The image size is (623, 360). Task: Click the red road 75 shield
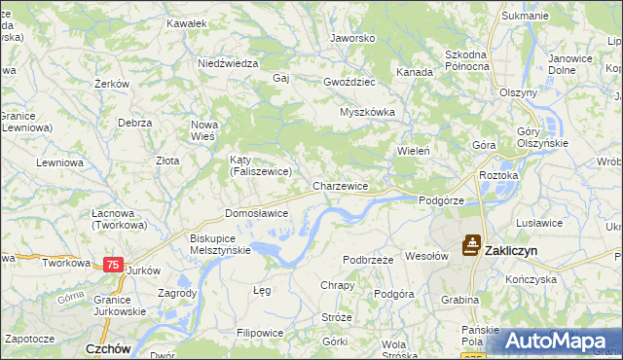113,265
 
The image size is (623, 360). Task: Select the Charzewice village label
340,185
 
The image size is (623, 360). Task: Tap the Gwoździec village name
350,83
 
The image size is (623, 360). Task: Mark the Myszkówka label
367,112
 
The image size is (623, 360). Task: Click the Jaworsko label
352,38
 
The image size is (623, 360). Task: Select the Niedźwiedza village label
227,63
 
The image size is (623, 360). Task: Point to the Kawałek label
187,21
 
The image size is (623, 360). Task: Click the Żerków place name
113,84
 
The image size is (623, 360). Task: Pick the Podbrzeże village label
368,260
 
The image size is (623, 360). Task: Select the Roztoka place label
498,175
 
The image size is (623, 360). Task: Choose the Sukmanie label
525,17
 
